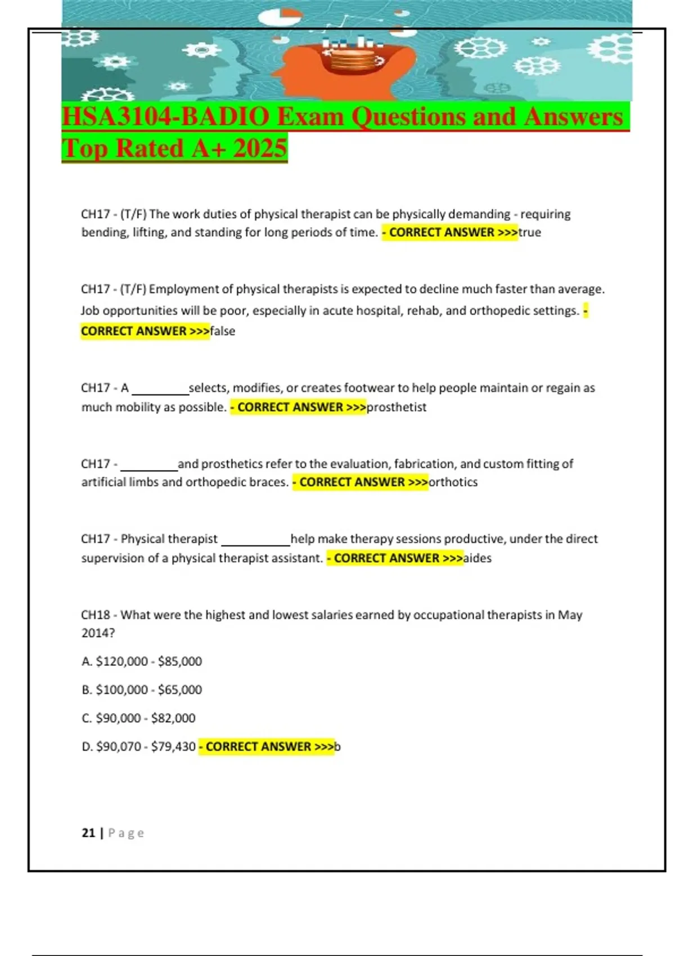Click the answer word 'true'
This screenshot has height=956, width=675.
pyautogui.click(x=529, y=232)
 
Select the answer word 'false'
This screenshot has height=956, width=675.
pyautogui.click(x=222, y=331)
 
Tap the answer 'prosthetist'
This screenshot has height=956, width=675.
pyautogui.click(x=396, y=407)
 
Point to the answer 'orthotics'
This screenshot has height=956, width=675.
pyautogui.click(x=453, y=482)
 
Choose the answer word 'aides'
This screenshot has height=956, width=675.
pyautogui.click(x=477, y=558)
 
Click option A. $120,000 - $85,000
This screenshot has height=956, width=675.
pyautogui.click(x=142, y=661)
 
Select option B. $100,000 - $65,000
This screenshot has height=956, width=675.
pyautogui.click(x=142, y=689)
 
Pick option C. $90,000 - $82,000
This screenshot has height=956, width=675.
pyautogui.click(x=138, y=718)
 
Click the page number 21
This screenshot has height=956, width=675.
pyautogui.click(x=88, y=833)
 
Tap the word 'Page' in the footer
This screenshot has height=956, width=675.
pyautogui.click(x=126, y=833)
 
